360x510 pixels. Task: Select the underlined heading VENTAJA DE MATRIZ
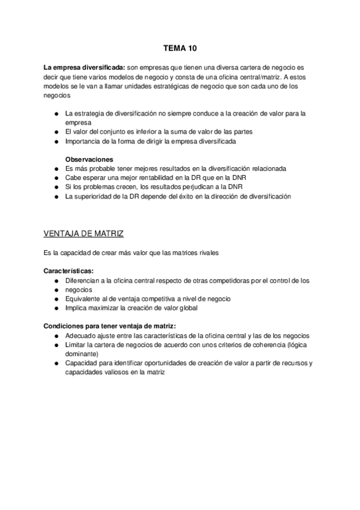click(84, 233)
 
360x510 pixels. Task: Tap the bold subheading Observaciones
click(90, 159)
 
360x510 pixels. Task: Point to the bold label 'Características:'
click(69, 271)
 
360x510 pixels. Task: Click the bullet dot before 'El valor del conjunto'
click(56, 132)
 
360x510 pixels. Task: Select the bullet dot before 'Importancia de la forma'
click(56, 141)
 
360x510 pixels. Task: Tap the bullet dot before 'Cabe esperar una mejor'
click(56, 178)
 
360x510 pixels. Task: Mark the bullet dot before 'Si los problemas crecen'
click(56, 187)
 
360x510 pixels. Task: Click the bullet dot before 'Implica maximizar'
click(56, 308)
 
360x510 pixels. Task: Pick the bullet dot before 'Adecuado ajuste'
click(56, 336)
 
